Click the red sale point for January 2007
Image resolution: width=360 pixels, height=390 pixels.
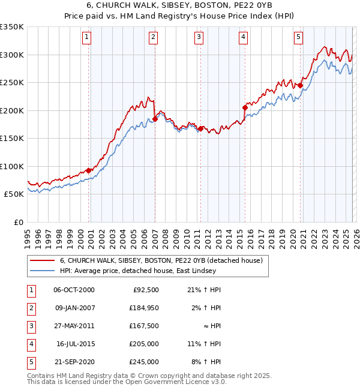pyautogui.click(x=155, y=119)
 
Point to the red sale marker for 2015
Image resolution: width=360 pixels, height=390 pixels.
pyautogui.click(x=245, y=108)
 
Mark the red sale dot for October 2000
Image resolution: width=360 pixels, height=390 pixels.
pyautogui.click(x=89, y=170)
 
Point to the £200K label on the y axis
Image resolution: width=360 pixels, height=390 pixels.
pyautogui.click(x=12, y=110)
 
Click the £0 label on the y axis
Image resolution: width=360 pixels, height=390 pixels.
pyautogui.click(x=18, y=222)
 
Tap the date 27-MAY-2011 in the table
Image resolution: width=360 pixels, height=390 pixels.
pyautogui.click(x=74, y=326)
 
